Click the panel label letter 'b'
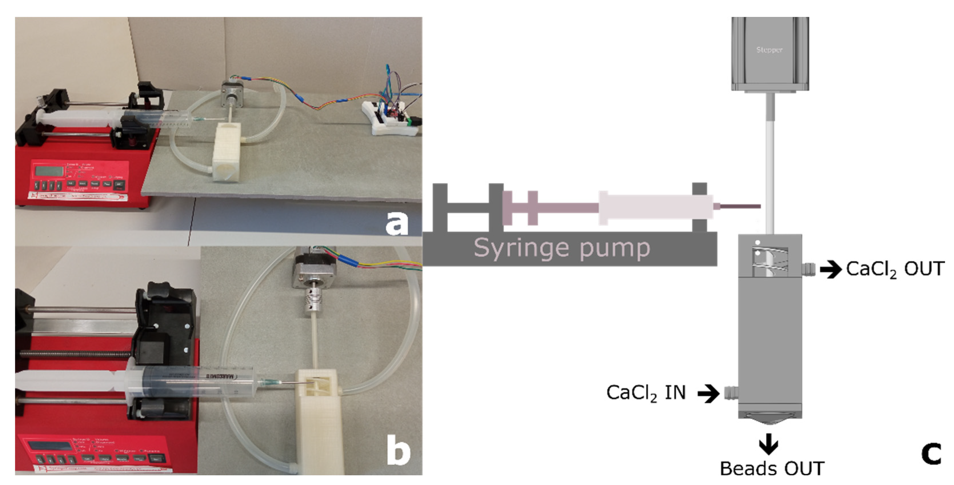point(399,450)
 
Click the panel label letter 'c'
point(931,453)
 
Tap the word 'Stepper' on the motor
point(769,50)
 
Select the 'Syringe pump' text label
point(561,248)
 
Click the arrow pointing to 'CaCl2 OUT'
point(830,269)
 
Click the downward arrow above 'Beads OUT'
point(769,444)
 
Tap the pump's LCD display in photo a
point(49,171)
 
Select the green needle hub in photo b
point(268,383)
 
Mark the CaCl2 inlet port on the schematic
point(731,393)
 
